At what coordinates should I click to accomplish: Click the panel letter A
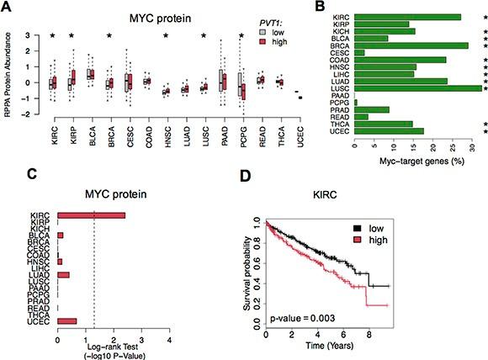point(8,7)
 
